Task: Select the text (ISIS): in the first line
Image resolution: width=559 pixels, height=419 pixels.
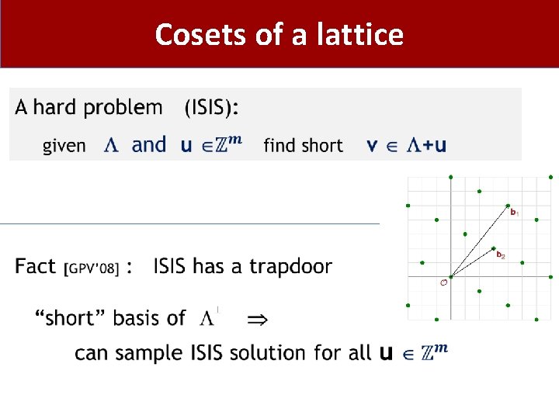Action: click(x=211, y=108)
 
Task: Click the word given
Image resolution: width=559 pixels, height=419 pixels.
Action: click(x=64, y=146)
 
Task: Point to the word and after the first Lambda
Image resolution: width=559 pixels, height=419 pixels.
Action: click(x=149, y=145)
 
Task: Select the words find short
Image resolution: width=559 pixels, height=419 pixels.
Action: click(x=303, y=145)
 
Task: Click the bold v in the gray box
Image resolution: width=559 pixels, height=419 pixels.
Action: click(x=372, y=146)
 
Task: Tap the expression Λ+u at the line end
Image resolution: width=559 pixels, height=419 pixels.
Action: click(x=427, y=145)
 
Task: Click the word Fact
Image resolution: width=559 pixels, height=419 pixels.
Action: click(x=36, y=267)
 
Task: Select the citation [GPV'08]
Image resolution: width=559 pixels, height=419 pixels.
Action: click(x=91, y=268)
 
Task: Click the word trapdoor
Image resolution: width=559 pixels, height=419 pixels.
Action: click(x=290, y=267)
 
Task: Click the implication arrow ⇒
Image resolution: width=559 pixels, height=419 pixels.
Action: click(x=255, y=319)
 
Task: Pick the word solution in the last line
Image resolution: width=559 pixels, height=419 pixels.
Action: click(x=267, y=353)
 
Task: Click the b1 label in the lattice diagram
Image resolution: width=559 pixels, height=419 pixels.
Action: click(x=515, y=212)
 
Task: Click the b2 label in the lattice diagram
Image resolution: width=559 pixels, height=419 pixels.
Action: click(x=501, y=255)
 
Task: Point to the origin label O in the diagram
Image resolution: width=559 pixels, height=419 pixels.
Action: click(x=443, y=282)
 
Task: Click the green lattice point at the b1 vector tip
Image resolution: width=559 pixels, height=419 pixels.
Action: click(x=507, y=206)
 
